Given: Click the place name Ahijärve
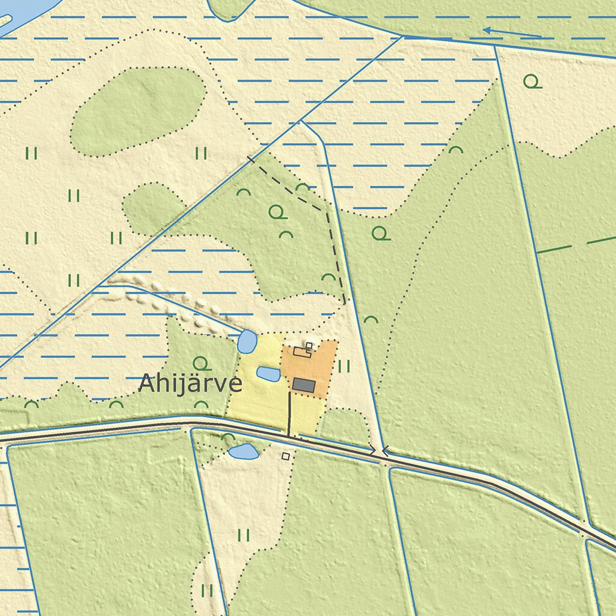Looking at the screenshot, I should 190,383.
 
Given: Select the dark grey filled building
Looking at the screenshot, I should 304,385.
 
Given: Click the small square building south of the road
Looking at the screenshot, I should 286,457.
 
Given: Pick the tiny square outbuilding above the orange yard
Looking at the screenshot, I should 309,345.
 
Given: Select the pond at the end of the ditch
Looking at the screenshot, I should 247,341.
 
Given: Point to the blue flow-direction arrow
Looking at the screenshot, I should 511,32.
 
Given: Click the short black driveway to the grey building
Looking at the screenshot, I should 289,414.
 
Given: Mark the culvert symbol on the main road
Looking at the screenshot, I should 379,449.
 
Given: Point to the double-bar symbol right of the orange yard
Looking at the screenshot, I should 344,366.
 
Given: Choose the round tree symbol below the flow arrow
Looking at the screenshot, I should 531,81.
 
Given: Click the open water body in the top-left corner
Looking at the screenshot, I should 24,12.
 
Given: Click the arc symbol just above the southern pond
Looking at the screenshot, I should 228,438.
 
